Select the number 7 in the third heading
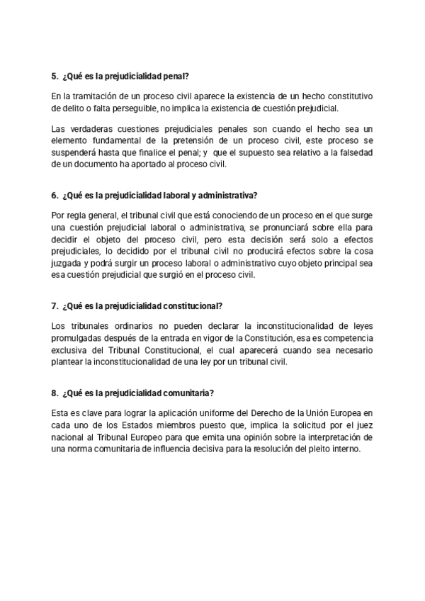point(54,306)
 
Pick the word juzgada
point(67,264)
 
